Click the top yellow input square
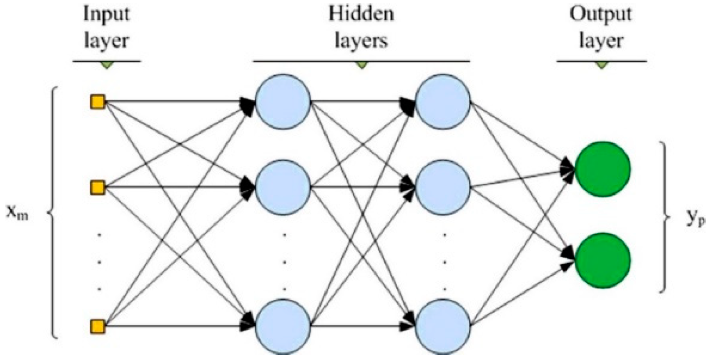(98, 102)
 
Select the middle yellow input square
(98, 188)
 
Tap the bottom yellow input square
(98, 327)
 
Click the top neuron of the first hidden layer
(283, 102)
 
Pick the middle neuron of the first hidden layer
(283, 188)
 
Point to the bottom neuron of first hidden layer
(283, 327)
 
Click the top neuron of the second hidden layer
(443, 102)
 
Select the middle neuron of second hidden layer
(443, 188)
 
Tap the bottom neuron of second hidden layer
(443, 327)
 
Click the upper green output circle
(602, 169)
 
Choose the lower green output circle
(602, 260)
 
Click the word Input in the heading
(106, 15)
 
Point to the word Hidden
(361, 14)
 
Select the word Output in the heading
(601, 15)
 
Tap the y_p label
(695, 218)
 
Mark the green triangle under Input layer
(106, 65)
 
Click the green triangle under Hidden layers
(361, 65)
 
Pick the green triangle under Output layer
(601, 65)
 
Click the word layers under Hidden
(361, 41)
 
